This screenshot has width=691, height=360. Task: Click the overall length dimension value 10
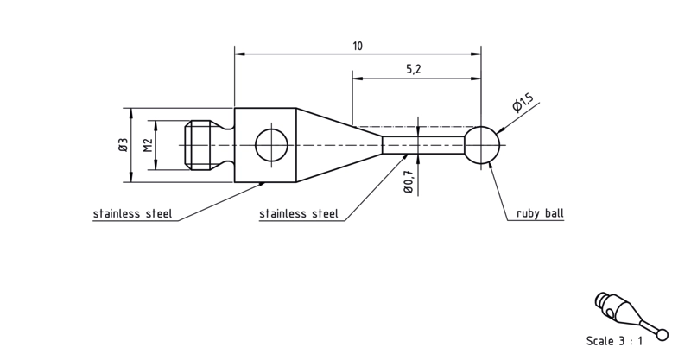coord(358,46)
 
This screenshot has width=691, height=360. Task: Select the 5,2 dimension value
coord(413,69)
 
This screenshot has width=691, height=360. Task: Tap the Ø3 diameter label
coord(123,144)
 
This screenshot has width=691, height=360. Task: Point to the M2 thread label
coord(148,145)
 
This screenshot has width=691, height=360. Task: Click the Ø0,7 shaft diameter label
coord(408,180)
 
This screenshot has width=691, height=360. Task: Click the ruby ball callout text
coord(540,214)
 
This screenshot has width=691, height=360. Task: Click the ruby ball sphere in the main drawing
coord(482,145)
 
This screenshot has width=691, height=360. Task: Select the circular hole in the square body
coord(271,145)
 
